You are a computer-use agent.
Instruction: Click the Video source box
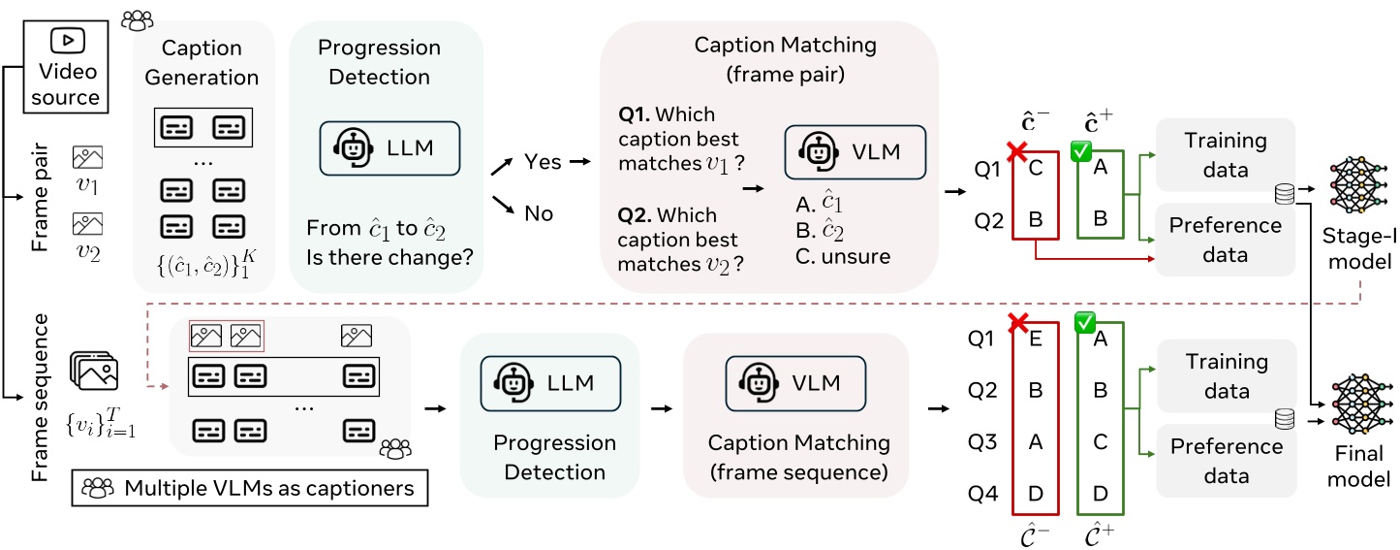click(67, 67)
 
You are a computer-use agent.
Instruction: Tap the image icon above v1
click(87, 157)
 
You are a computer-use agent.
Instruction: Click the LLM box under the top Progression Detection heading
click(389, 148)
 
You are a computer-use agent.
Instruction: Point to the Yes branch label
click(542, 162)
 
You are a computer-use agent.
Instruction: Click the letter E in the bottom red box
click(1036, 340)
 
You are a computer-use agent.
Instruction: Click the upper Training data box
click(1225, 155)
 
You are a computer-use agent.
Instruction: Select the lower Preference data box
click(1225, 461)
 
